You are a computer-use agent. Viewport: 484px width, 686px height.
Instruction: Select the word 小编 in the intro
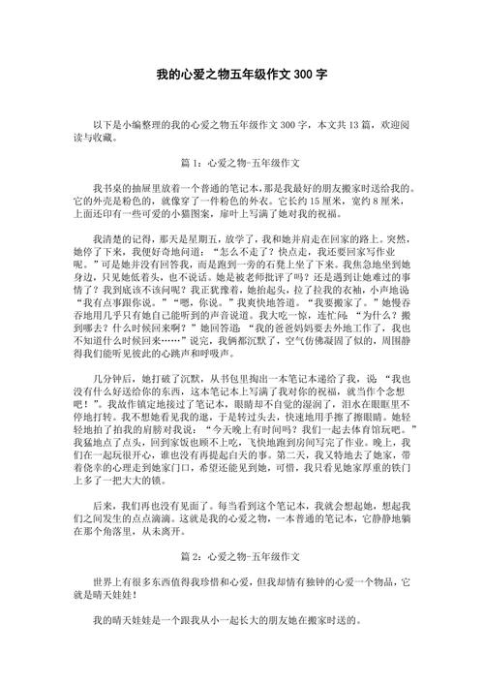135,126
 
